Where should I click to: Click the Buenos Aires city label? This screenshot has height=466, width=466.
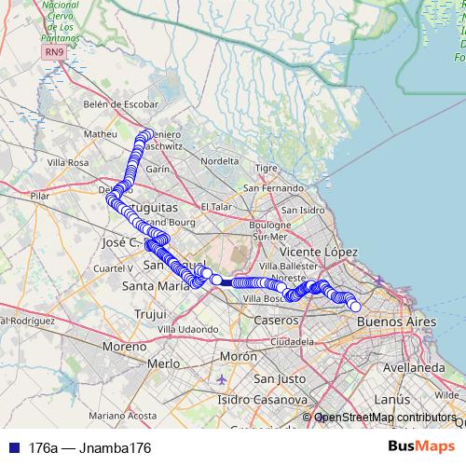pos(396,321)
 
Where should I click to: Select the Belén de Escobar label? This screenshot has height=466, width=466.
pos(120,104)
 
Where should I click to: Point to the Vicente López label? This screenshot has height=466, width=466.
pos(319,253)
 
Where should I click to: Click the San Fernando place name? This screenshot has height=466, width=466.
pos(273,188)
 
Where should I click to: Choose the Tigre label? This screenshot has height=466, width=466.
pos(267,169)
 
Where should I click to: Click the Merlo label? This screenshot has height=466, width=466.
pos(163,363)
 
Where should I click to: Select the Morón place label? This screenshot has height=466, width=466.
pos(238,357)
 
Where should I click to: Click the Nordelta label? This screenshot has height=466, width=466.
pos(220,160)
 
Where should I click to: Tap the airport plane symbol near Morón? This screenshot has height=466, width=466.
pos(220,379)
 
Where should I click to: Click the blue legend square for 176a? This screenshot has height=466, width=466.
pos(12,447)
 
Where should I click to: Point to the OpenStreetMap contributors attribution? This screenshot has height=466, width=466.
pos(384,418)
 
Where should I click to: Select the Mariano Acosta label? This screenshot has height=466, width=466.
pos(123,415)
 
